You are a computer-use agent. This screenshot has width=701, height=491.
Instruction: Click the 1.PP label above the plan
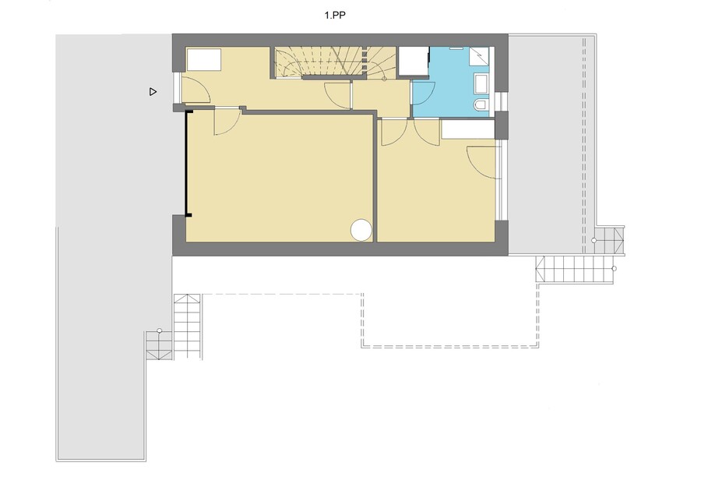coord(335,16)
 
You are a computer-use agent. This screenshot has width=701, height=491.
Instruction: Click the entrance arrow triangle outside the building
coord(153,92)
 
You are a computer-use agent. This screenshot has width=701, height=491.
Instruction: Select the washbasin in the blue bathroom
coord(481,84)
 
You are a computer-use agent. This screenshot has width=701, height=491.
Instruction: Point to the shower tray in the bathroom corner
coord(479,57)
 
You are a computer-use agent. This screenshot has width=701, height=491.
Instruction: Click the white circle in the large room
coord(361,230)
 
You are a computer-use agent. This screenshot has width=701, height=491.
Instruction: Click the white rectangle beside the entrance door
coord(204,59)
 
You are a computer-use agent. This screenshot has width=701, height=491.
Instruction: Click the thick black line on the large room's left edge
coord(186,164)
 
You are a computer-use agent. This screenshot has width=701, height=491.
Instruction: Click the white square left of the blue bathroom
coord(413,62)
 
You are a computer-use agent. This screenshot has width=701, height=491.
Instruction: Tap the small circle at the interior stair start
coord(385,79)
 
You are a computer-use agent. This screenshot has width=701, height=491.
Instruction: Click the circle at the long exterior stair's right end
coord(614,268)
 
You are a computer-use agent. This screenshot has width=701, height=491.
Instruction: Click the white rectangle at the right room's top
coord(467,129)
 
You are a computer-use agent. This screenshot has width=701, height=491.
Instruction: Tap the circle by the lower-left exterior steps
coord(160,331)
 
